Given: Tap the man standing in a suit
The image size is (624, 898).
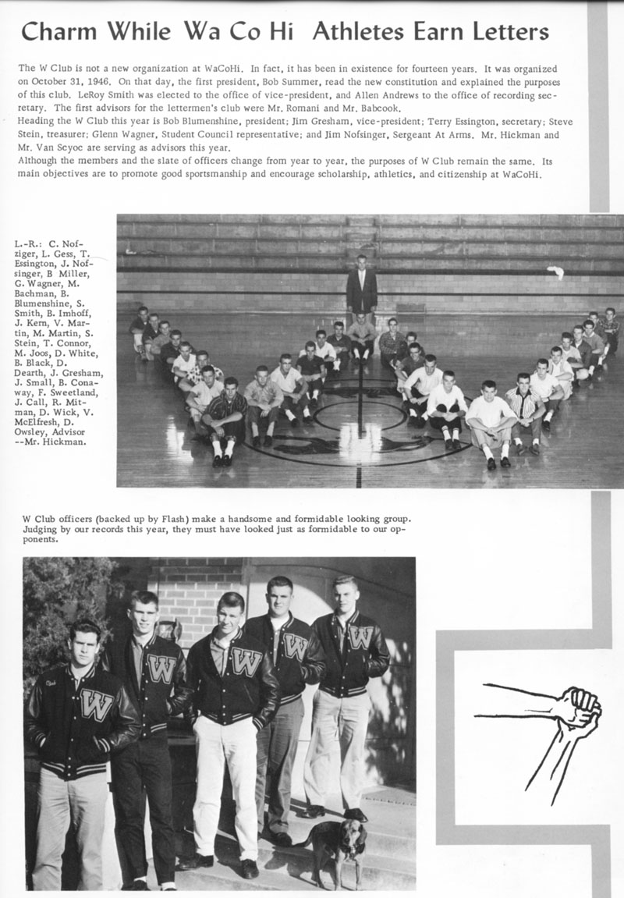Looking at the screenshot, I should pyautogui.click(x=361, y=286).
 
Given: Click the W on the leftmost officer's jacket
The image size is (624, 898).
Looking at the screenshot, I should pyautogui.click(x=96, y=704).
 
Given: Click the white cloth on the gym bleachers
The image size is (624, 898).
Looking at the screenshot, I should pyautogui.click(x=555, y=272).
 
